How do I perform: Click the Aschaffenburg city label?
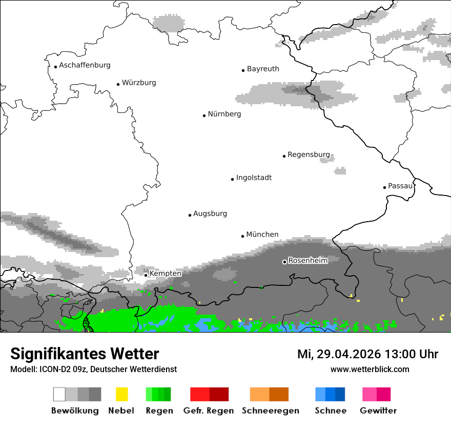pyautogui.click(x=85, y=65)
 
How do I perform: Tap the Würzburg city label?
pyautogui.click(x=139, y=83)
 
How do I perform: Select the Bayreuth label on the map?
pyautogui.click(x=263, y=69)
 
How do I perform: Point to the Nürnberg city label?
pyautogui.click(x=224, y=114)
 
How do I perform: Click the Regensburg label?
pyautogui.click(x=309, y=154)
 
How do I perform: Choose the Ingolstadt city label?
pyautogui.click(x=254, y=178)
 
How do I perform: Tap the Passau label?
pyautogui.click(x=400, y=186)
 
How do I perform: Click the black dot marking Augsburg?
pyautogui.click(x=190, y=215)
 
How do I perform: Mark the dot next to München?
pyautogui.click(x=243, y=236)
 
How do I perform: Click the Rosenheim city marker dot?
pyautogui.click(x=284, y=262)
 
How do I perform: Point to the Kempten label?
pyautogui.click(x=165, y=274)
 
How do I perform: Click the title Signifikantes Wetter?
pyautogui.click(x=85, y=354)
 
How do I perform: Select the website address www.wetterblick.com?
pyautogui.click(x=370, y=369)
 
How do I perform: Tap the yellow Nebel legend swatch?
pyautogui.click(x=121, y=394)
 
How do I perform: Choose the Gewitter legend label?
pyautogui.click(x=378, y=411)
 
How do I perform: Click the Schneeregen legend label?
pyautogui.click(x=271, y=411)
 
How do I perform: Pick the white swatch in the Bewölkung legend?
pyautogui.click(x=59, y=394)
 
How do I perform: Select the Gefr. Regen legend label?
pyautogui.click(x=209, y=411)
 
